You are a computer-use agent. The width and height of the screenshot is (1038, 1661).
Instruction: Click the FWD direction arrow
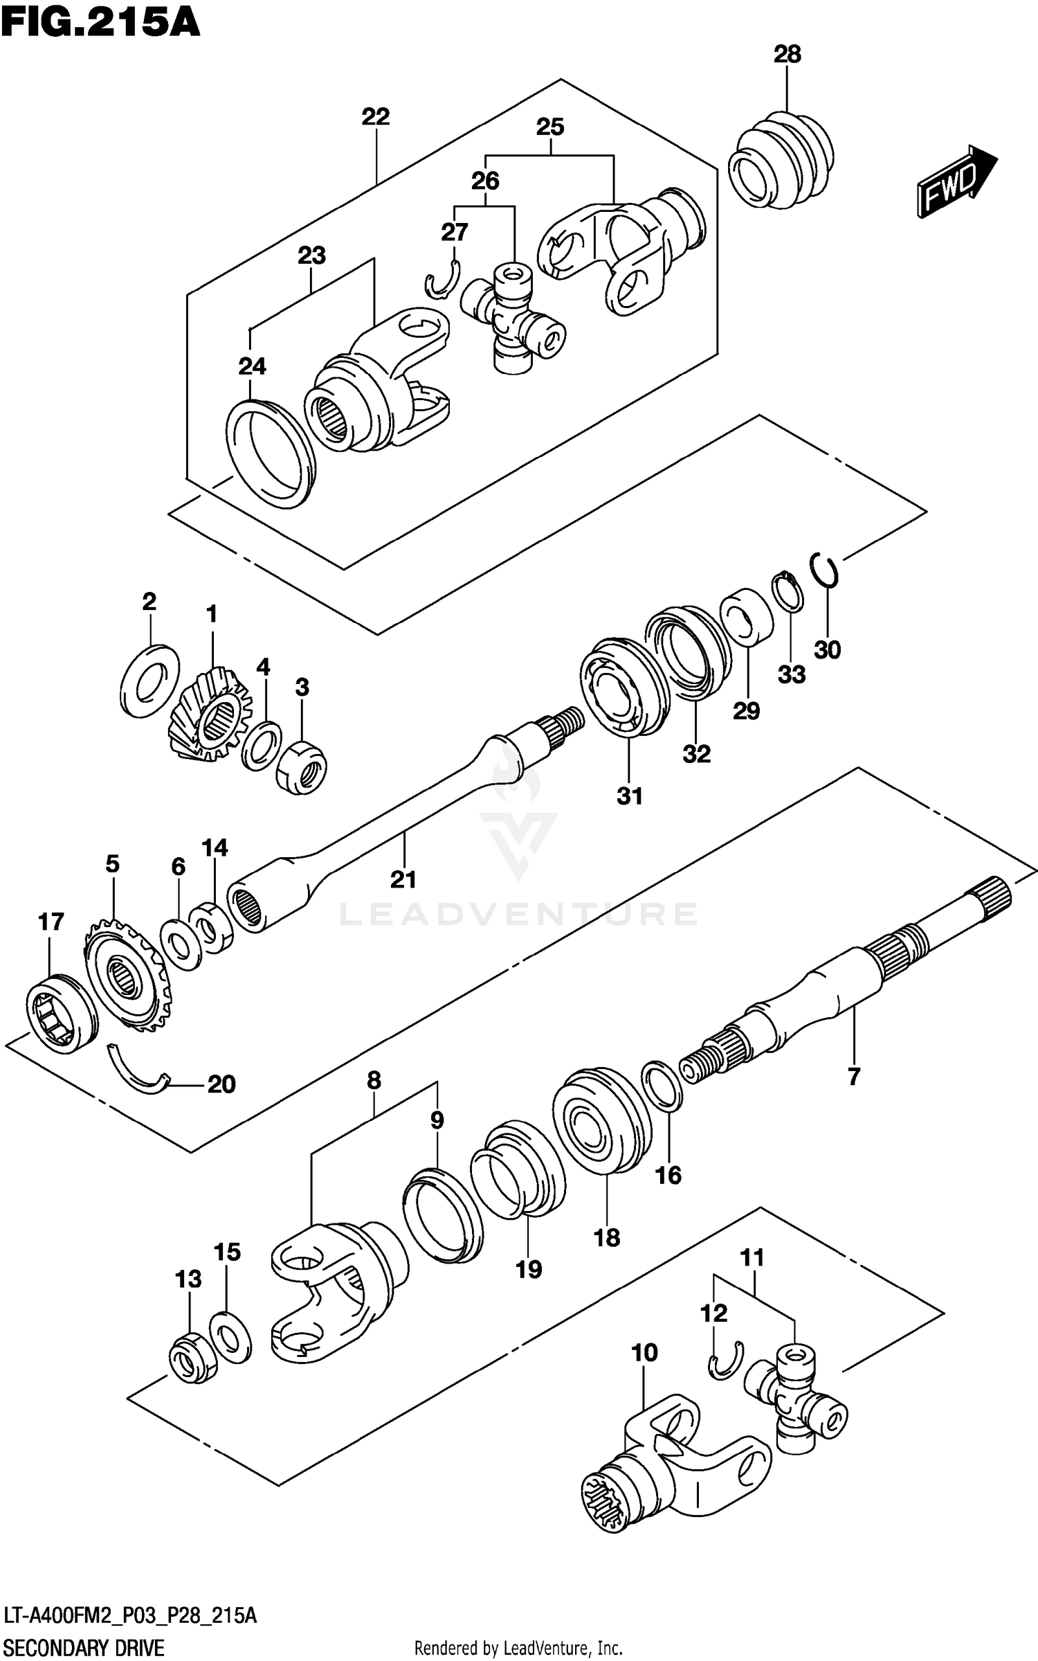pyautogui.click(x=955, y=182)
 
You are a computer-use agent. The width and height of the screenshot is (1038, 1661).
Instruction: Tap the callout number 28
pyautogui.click(x=787, y=55)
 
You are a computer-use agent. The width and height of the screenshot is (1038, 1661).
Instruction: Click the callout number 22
pyautogui.click(x=375, y=116)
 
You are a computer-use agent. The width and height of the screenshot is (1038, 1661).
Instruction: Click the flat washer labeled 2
pyautogui.click(x=149, y=681)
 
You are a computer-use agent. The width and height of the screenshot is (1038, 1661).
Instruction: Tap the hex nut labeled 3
pyautogui.click(x=301, y=767)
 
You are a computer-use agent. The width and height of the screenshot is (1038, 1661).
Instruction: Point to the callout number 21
pyautogui.click(x=403, y=879)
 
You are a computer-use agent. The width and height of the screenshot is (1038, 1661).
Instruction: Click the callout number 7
pyautogui.click(x=853, y=1076)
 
